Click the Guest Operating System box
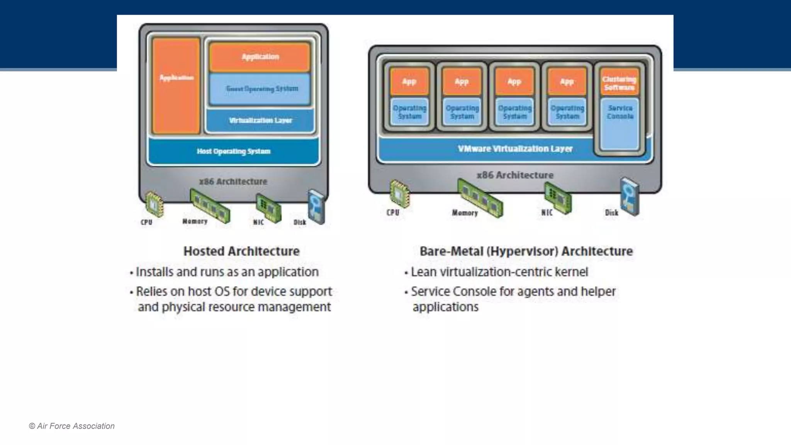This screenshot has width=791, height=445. (x=260, y=89)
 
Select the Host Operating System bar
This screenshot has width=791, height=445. (x=233, y=151)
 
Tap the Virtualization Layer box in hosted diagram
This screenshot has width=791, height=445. (x=260, y=121)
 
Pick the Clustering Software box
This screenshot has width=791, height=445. (x=619, y=82)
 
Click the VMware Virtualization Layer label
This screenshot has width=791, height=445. (x=515, y=149)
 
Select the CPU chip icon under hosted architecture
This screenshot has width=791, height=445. (x=154, y=204)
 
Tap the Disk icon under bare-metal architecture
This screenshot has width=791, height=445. (x=630, y=196)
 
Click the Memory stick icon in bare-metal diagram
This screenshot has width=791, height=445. (x=480, y=198)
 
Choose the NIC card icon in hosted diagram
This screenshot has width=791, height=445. (x=268, y=209)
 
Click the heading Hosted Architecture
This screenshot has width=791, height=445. (x=241, y=251)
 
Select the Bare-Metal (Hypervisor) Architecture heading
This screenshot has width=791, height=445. (x=526, y=251)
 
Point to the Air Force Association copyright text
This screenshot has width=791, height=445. (x=72, y=426)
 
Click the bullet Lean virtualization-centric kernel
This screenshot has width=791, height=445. (x=499, y=272)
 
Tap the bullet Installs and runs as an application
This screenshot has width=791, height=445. (x=227, y=272)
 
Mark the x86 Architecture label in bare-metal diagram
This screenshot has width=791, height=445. (x=515, y=175)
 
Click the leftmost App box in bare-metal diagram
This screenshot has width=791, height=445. (x=409, y=82)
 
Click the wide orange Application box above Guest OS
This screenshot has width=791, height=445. (x=260, y=57)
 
